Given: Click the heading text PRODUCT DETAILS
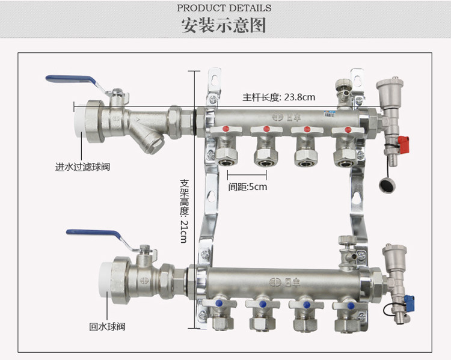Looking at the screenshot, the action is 224,8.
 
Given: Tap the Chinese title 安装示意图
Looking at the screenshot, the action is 224,25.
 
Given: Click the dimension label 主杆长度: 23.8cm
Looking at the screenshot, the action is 278,97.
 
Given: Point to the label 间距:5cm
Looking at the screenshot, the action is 248,187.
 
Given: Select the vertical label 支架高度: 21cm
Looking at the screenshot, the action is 184,211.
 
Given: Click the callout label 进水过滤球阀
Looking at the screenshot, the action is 82,166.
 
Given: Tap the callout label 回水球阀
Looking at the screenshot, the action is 107,327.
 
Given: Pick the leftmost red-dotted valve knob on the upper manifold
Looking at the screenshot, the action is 226,129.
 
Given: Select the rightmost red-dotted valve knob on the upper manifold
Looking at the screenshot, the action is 348,130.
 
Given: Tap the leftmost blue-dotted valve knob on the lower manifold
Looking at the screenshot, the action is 219,303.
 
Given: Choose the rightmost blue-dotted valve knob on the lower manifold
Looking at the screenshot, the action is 351,305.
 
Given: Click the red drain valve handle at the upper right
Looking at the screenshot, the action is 403,144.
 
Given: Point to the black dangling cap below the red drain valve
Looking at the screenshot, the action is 387,185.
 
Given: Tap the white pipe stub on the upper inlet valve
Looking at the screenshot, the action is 79,122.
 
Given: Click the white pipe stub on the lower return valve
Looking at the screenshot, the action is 104,280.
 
